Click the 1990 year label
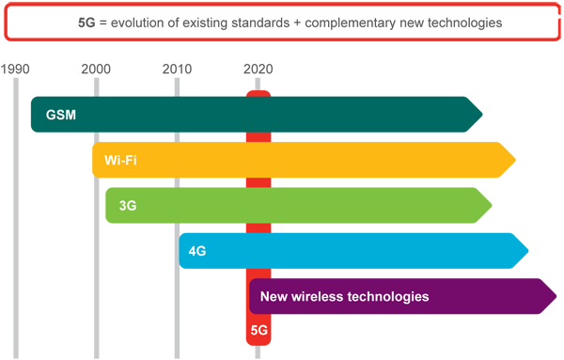15,69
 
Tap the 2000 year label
96,69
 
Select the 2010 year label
177,69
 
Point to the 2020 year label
258,69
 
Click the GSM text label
61,115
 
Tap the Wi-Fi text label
120,160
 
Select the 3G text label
128,206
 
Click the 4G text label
197,251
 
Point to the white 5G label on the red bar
259,330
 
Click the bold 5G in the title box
86,23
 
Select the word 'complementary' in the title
351,23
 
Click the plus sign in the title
297,23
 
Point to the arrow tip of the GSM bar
482,115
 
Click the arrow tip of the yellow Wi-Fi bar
515,160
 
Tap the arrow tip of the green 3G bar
492,205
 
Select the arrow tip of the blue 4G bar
528,251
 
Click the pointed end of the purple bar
556,296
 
